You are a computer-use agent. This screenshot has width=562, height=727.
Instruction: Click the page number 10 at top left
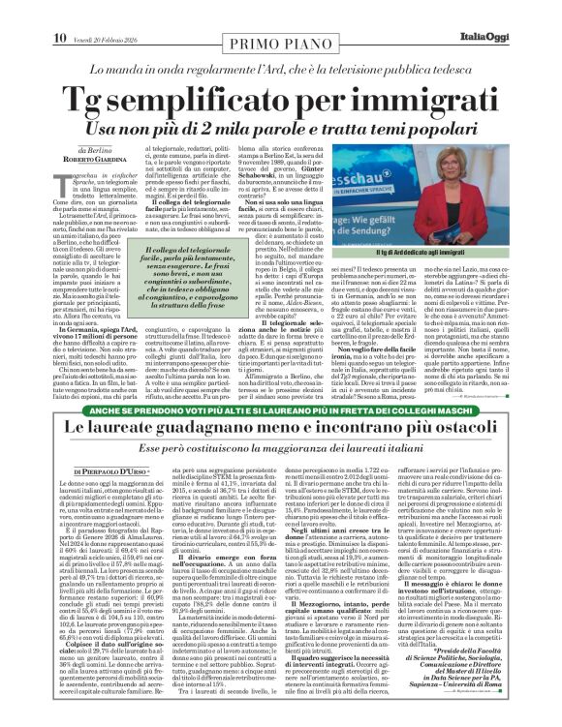tap(19, 11)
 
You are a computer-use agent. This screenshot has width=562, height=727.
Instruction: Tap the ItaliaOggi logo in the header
tap(520, 11)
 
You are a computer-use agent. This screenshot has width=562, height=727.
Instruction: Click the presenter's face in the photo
tap(506, 183)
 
